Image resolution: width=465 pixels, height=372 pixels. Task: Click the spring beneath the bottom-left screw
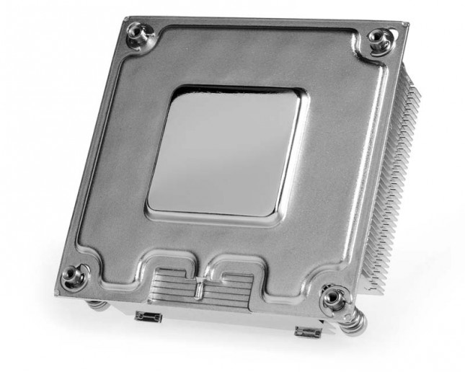coord(98,305)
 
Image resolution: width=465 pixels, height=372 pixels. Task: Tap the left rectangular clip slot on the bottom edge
coord(146,317)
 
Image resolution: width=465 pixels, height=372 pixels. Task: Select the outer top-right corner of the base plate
coord(408,24)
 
